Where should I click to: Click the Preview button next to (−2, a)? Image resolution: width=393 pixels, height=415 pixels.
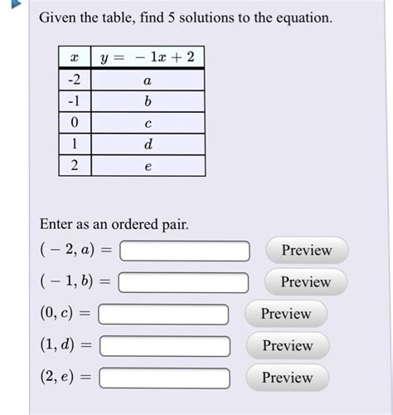(307, 250)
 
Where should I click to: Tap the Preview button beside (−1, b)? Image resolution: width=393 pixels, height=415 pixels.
(305, 282)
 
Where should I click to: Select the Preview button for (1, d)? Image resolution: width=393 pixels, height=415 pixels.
(287, 345)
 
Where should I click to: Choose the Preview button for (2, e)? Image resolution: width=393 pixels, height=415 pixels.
(287, 378)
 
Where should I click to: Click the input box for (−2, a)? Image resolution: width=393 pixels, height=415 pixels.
(185, 251)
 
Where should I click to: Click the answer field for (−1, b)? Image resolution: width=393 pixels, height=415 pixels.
(183, 283)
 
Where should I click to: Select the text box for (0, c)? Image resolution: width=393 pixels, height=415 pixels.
(164, 315)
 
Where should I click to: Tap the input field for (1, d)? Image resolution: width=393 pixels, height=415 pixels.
(164, 346)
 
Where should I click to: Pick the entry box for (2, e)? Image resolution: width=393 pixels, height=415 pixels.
(164, 378)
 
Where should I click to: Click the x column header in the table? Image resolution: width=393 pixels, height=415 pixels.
(75, 57)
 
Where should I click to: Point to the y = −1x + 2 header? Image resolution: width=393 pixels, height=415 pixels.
(148, 57)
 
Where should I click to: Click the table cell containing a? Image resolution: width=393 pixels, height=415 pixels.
(148, 80)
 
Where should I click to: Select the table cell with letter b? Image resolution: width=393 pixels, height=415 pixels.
(148, 101)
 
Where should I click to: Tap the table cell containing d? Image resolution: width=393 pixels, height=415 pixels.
(148, 144)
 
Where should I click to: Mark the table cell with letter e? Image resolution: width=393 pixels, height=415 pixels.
(148, 166)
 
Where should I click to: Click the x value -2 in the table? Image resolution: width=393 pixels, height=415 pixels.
(75, 80)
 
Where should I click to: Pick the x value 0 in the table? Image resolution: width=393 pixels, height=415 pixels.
(75, 123)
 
